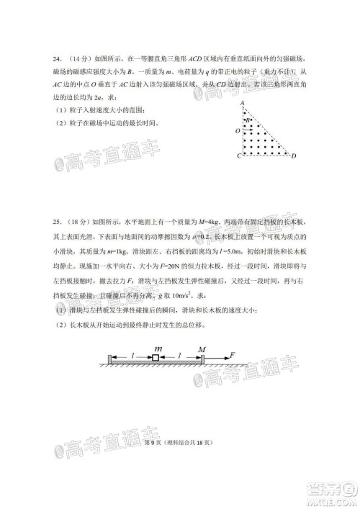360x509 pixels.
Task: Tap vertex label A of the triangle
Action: coord(245,103)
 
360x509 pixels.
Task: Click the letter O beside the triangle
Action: coord(237,132)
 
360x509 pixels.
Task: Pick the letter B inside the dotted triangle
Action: coord(248,121)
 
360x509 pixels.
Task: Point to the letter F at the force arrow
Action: coord(233,354)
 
